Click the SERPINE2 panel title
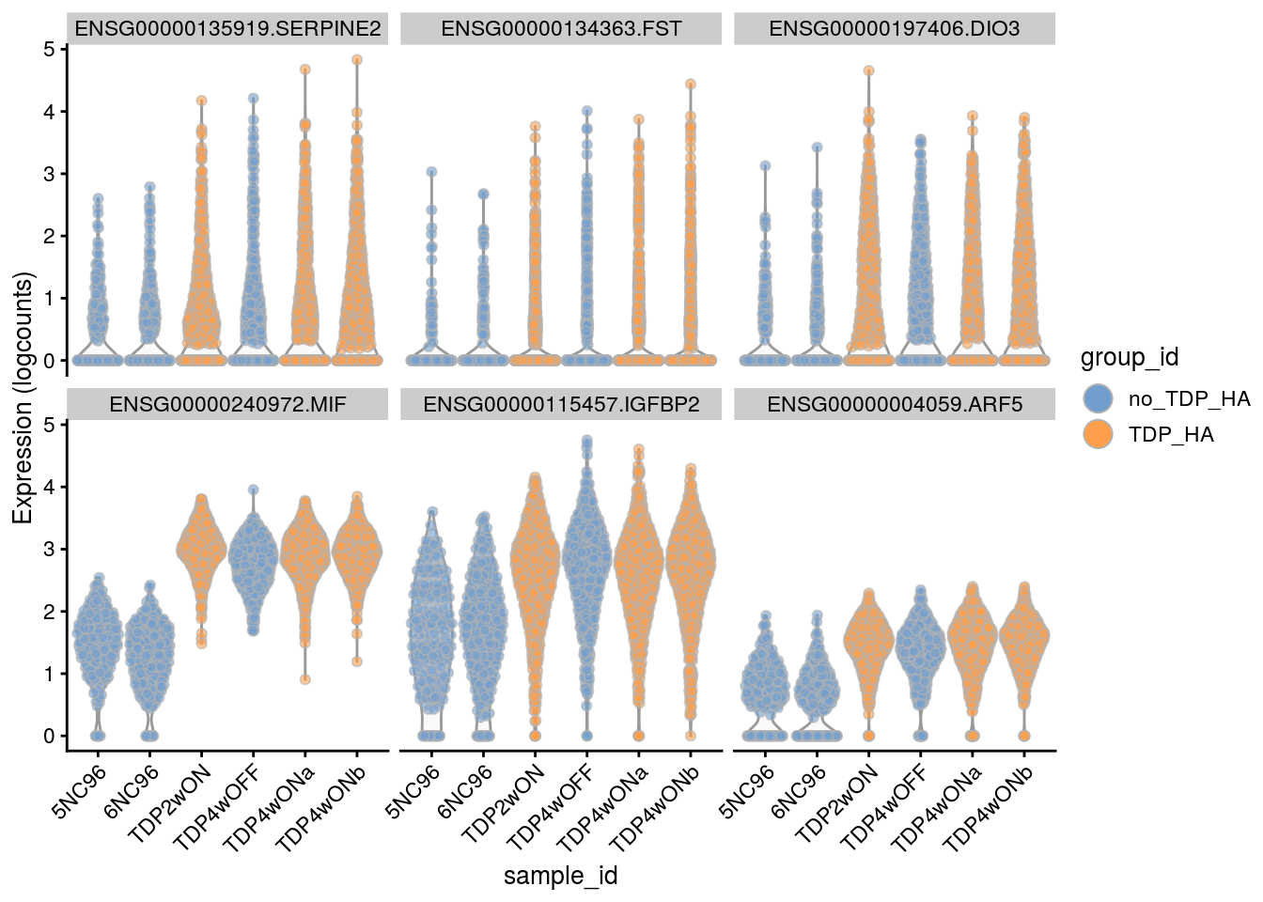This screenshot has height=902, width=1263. tap(227, 28)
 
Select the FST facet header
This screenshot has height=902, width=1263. tap(561, 28)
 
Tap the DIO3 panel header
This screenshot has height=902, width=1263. tap(894, 28)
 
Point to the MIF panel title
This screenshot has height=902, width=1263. tap(227, 405)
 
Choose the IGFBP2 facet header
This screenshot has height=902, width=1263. tap(561, 405)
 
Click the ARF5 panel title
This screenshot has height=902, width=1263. tap(894, 405)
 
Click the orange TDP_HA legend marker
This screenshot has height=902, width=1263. tap(1098, 434)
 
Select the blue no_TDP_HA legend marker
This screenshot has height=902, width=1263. tap(1098, 398)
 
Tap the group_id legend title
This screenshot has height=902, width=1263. tap(1129, 357)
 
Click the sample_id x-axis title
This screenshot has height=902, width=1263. tap(560, 876)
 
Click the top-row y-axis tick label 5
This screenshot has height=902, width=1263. tap(49, 49)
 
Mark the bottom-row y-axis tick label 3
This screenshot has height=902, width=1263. tap(49, 550)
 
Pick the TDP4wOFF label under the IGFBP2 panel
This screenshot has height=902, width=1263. tap(552, 805)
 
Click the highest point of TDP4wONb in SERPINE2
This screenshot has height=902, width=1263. tap(357, 59)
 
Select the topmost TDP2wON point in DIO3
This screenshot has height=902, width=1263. tap(869, 70)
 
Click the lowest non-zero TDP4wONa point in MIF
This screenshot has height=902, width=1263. tap(305, 679)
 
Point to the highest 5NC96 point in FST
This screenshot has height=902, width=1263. tap(431, 172)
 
